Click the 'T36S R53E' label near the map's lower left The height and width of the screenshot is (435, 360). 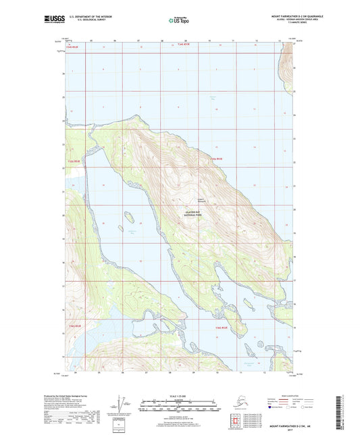click(78, 326)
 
